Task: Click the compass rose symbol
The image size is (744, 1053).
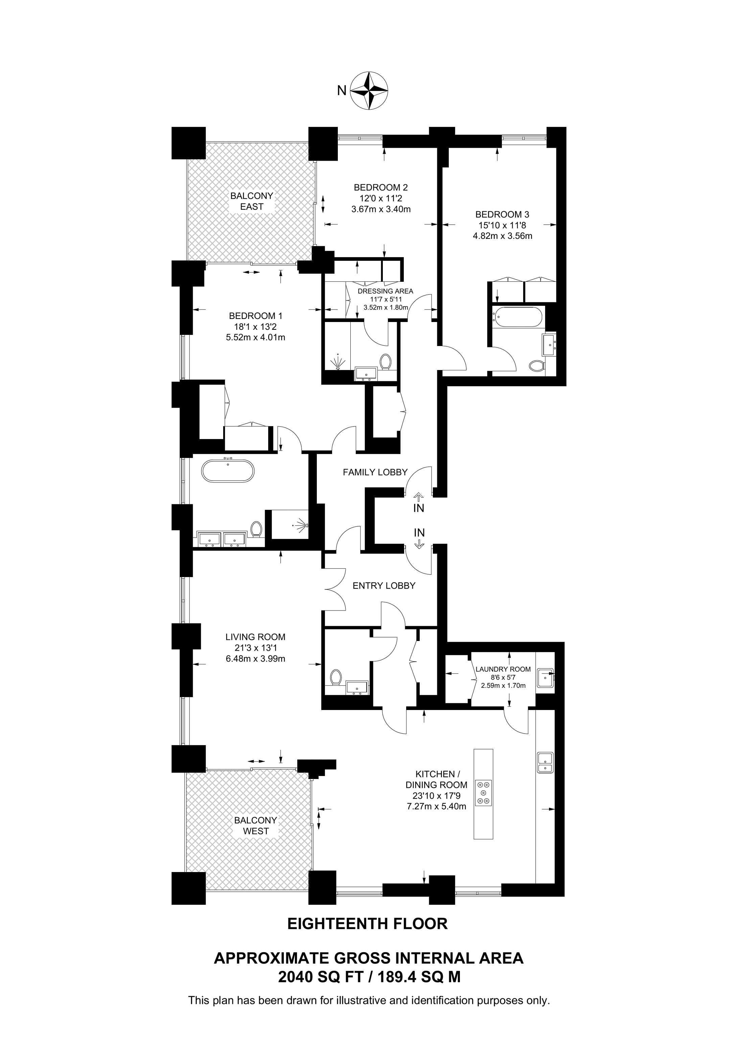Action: pyautogui.click(x=370, y=90)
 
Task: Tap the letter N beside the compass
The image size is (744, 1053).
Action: pyautogui.click(x=342, y=91)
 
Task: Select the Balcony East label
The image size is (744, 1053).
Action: pyautogui.click(x=252, y=201)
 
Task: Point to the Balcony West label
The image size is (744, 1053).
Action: pyautogui.click(x=256, y=826)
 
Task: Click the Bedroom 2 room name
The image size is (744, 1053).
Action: pyautogui.click(x=380, y=187)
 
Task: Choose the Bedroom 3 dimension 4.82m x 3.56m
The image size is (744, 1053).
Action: pyautogui.click(x=503, y=236)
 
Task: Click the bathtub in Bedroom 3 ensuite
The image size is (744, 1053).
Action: pyautogui.click(x=517, y=317)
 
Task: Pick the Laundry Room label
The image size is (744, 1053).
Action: pyautogui.click(x=503, y=669)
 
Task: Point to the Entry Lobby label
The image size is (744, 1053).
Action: pyautogui.click(x=384, y=586)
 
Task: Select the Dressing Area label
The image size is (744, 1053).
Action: pyautogui.click(x=385, y=291)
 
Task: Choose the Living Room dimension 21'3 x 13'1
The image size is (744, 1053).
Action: pyautogui.click(x=255, y=648)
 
